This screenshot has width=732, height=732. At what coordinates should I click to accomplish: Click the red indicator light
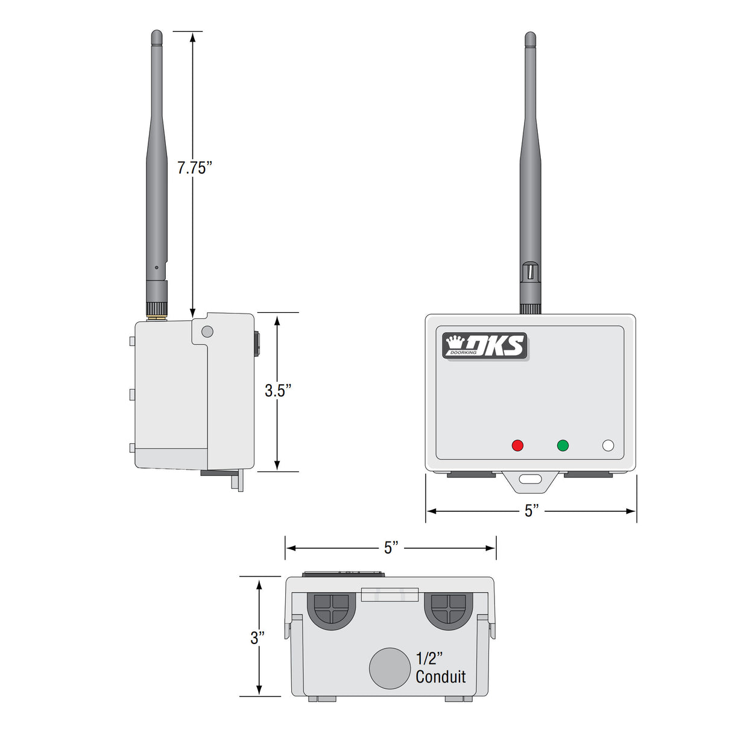517,446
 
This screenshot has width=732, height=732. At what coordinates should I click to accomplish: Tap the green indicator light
563,446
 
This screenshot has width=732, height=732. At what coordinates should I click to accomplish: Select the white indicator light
608,446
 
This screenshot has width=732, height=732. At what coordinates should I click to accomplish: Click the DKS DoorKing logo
485,346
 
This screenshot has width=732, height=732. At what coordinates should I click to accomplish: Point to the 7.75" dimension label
194,168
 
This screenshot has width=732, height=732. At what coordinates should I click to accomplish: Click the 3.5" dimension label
278,391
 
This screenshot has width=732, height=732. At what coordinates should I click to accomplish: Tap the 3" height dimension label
257,637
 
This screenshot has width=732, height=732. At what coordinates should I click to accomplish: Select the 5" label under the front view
531,511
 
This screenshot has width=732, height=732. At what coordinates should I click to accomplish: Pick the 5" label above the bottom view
391,547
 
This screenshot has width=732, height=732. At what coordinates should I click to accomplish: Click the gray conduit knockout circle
390,668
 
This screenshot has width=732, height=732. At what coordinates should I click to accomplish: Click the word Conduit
441,677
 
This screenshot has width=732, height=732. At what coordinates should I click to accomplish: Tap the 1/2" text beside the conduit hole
429,658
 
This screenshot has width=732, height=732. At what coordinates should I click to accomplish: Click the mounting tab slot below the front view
531,480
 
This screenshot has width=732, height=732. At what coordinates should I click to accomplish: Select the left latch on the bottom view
331,610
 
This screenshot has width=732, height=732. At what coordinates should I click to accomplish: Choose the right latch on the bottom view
448,610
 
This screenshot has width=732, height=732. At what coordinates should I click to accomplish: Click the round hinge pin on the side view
207,331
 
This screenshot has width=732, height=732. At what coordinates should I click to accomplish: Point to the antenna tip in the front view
530,37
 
